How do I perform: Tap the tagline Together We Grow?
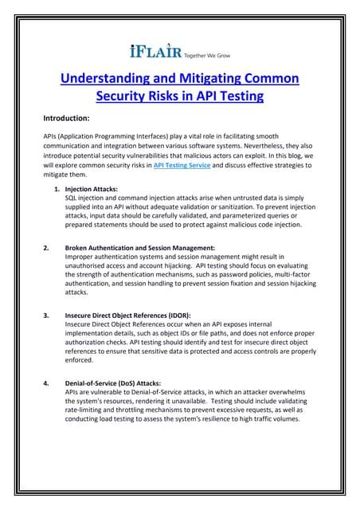pos(206,53)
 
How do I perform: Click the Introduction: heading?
pos(69,116)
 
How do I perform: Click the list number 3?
pos(46,316)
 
